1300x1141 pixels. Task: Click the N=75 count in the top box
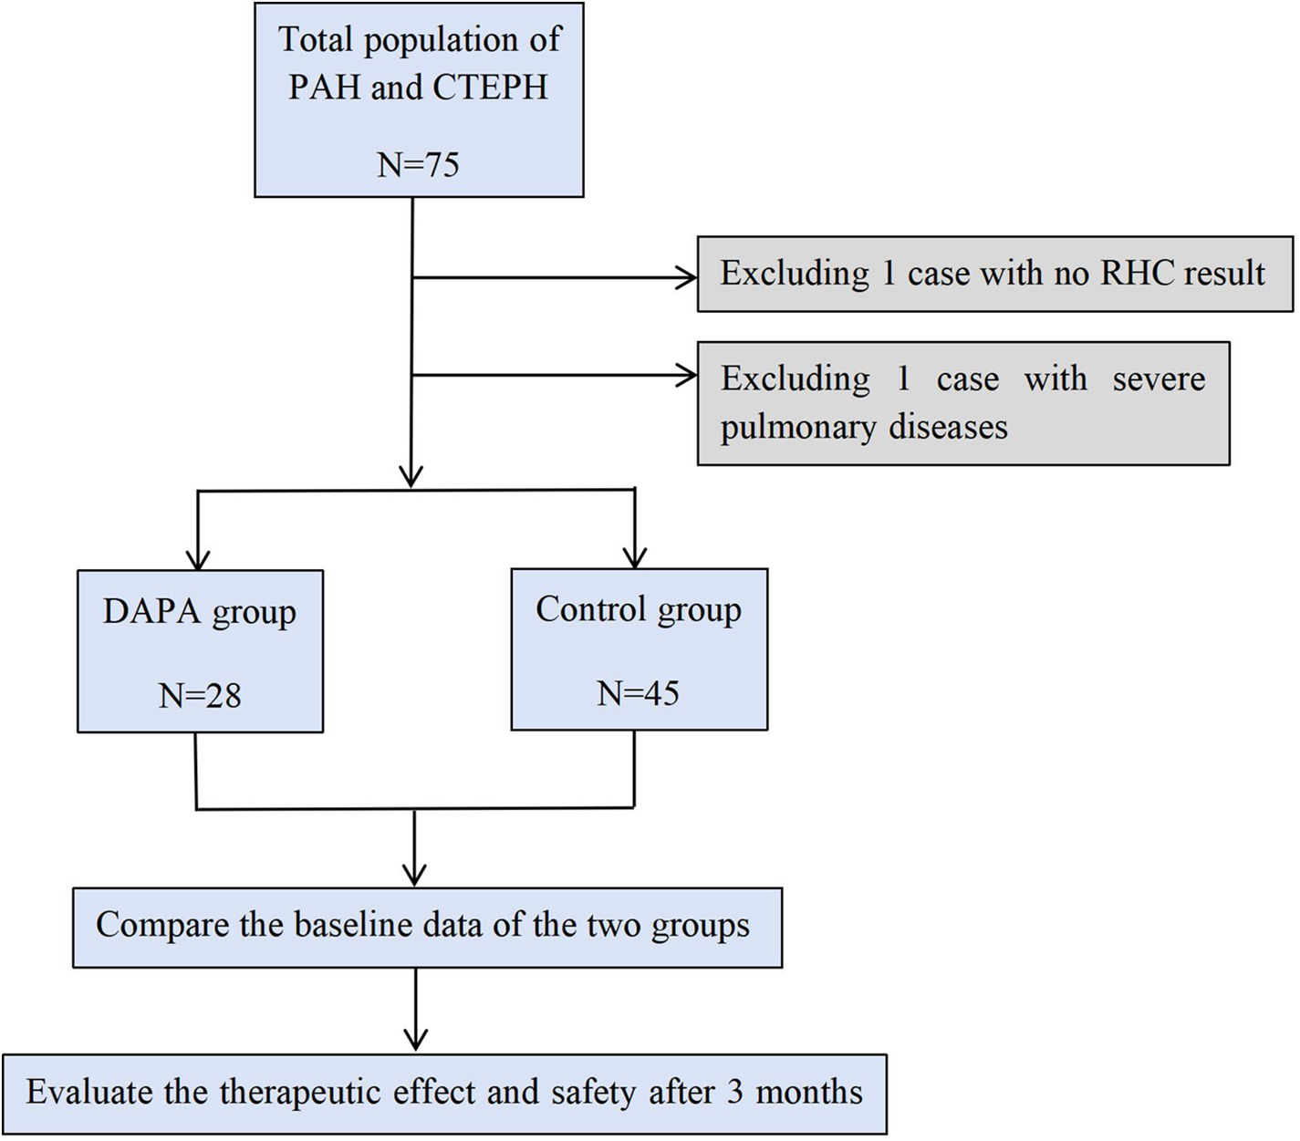418,165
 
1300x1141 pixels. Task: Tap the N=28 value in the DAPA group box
200,696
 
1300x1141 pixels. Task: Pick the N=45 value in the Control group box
638,693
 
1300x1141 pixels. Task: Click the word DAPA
151,612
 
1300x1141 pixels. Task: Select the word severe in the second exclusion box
1159,378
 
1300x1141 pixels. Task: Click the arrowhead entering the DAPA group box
197,559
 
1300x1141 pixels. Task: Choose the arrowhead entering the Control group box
635,557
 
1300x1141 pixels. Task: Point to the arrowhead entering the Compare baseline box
415,875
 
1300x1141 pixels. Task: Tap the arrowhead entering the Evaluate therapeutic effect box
416,1041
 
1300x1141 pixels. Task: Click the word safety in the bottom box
591,1091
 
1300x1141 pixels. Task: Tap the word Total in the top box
315,40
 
